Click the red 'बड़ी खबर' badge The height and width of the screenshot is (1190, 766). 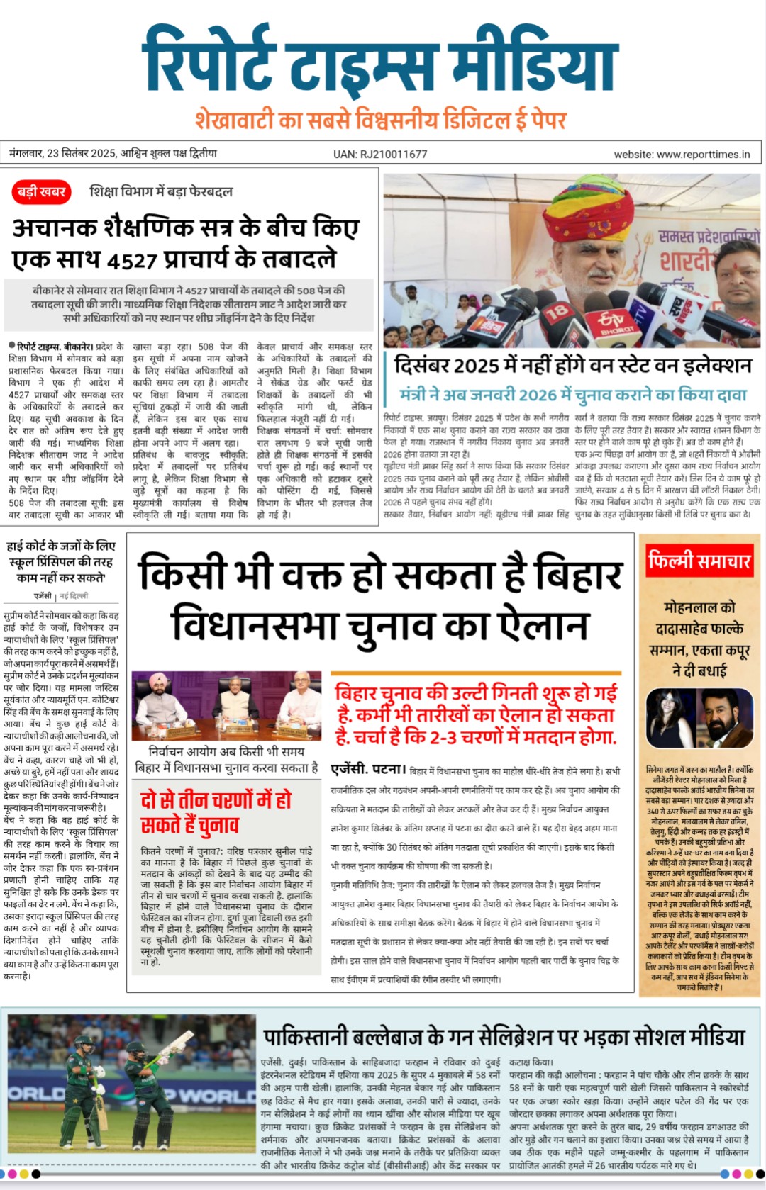coord(42,191)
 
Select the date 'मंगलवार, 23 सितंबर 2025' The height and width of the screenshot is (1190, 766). coord(63,153)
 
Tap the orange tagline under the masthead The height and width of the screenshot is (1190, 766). coord(381,119)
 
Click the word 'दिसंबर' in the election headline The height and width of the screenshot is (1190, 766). coord(423,366)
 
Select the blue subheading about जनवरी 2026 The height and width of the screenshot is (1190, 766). coord(573,394)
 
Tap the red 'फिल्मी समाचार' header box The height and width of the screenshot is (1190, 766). coord(699,561)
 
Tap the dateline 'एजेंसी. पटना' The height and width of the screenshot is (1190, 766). coord(367,769)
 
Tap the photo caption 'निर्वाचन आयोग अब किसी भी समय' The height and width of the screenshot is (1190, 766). coord(226,751)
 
